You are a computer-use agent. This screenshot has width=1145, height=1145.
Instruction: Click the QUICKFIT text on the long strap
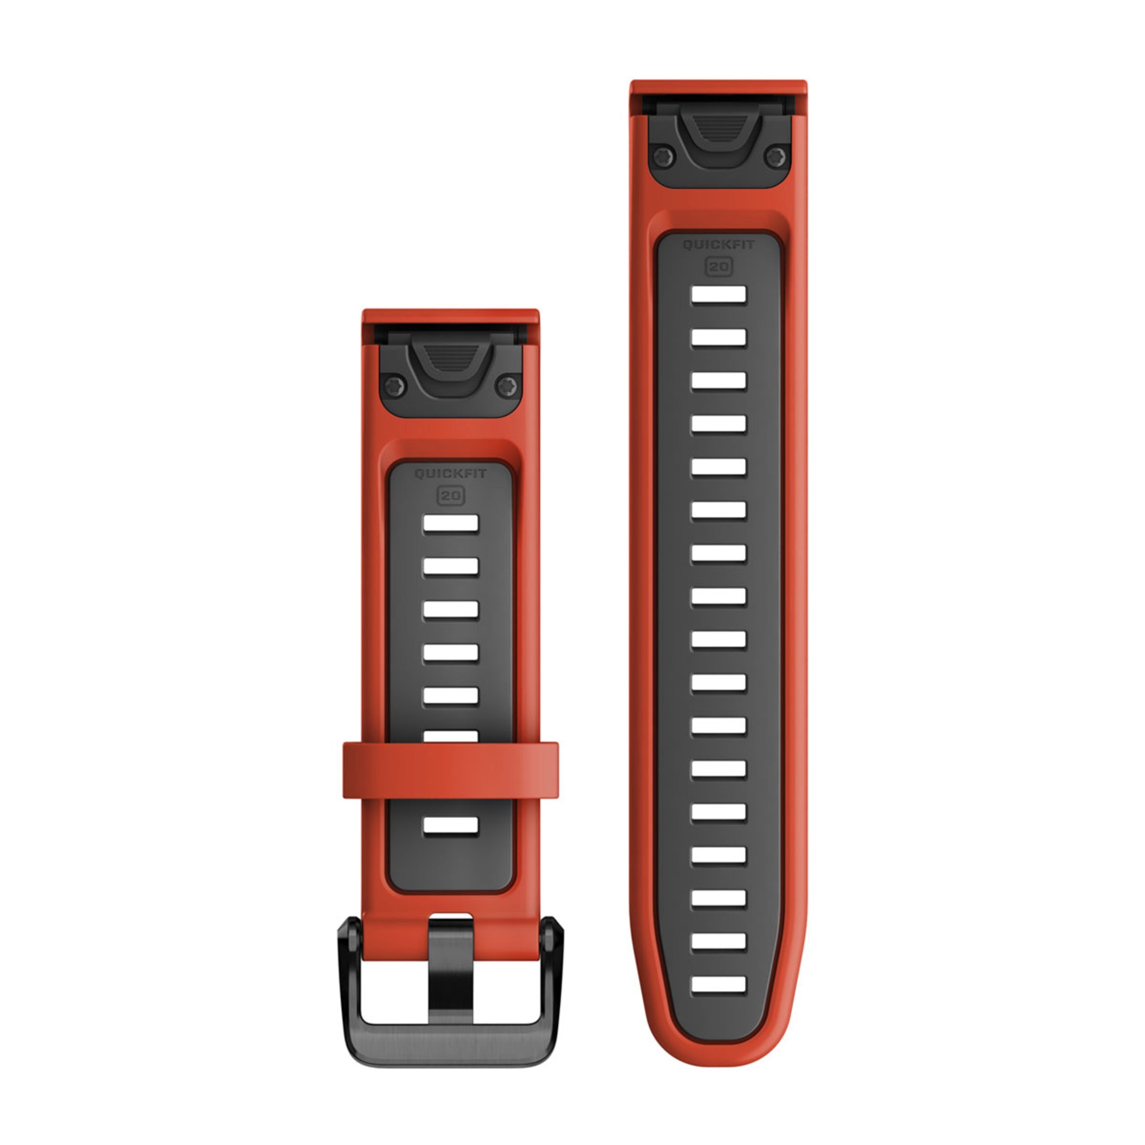(718, 245)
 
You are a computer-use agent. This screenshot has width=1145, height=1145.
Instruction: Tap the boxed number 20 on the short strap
(451, 495)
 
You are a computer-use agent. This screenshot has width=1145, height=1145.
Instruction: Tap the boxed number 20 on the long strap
(718, 267)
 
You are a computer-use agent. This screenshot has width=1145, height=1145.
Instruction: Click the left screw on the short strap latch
(394, 386)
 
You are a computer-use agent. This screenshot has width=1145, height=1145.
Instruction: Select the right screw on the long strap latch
(775, 157)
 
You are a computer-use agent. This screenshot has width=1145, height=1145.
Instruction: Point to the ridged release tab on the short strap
(451, 358)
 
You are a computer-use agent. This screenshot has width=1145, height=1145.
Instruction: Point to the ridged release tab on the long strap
(718, 129)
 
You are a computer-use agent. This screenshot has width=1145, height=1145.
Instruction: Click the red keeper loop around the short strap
(451, 770)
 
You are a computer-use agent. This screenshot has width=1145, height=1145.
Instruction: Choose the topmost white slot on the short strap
(451, 523)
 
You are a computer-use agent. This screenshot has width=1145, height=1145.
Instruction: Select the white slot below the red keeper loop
(451, 825)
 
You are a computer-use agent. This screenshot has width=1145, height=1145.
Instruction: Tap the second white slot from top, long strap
(718, 337)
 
